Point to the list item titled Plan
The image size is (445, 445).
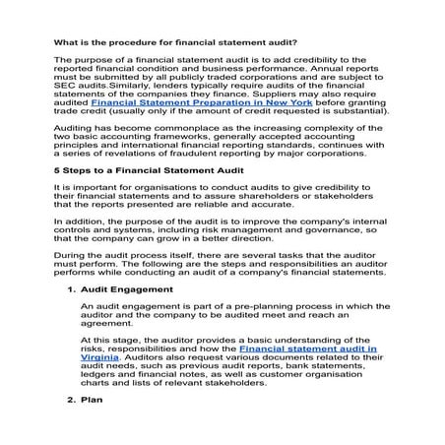click(x=90, y=428)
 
